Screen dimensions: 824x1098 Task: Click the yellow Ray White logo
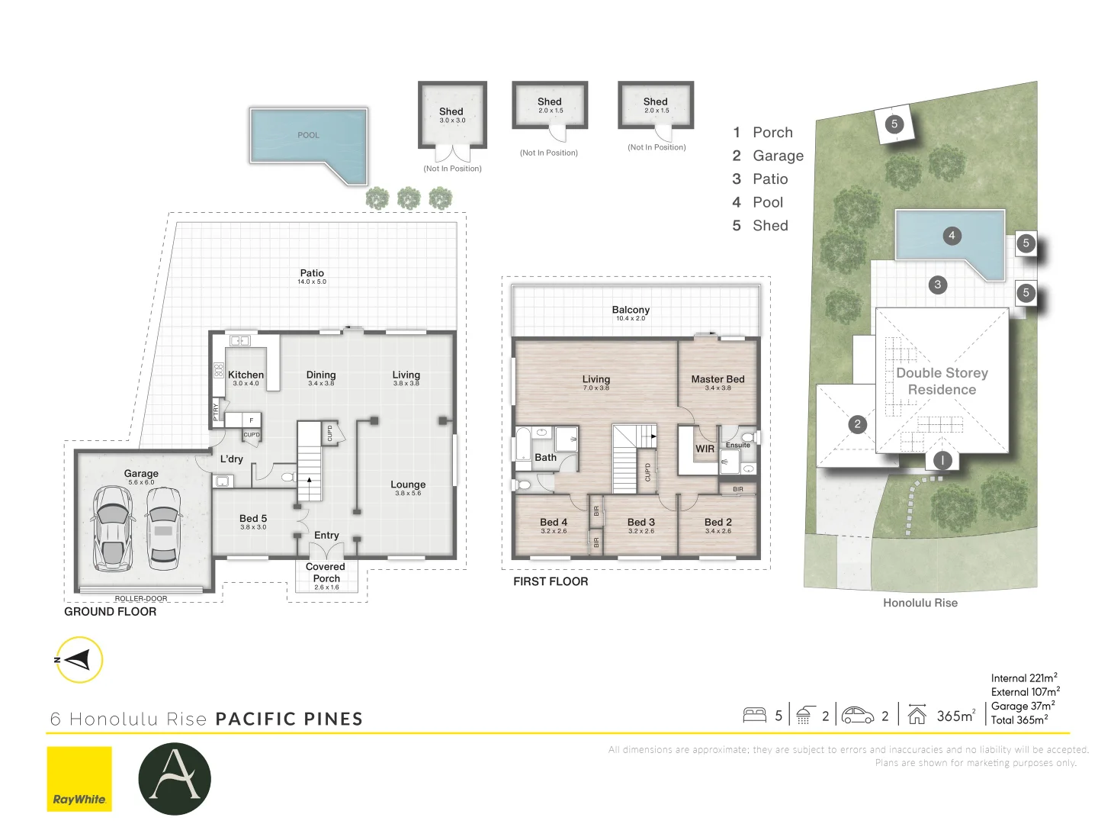point(79,778)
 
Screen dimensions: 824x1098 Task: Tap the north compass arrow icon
point(79,659)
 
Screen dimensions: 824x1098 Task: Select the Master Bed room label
point(718,379)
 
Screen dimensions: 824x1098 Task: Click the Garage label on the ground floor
point(141,474)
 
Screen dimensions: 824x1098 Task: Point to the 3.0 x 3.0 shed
point(452,115)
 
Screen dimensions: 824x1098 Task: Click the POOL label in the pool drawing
point(308,135)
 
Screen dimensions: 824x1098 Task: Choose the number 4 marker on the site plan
point(951,236)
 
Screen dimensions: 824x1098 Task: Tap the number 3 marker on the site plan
point(938,285)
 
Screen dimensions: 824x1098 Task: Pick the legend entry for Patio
point(769,179)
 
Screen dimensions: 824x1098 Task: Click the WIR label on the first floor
point(705,449)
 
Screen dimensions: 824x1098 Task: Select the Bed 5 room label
point(253,519)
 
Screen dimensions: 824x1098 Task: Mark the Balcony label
point(631,310)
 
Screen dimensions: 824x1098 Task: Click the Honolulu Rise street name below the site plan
point(920,603)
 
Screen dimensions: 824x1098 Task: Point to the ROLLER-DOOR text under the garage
point(141,599)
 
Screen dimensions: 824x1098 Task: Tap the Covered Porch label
point(326,572)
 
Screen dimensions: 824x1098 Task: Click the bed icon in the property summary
point(754,715)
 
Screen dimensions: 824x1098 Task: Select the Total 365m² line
point(1019,719)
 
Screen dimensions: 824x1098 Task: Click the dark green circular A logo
point(175,778)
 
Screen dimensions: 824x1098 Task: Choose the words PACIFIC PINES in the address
point(289,719)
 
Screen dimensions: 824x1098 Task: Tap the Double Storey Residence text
point(942,381)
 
